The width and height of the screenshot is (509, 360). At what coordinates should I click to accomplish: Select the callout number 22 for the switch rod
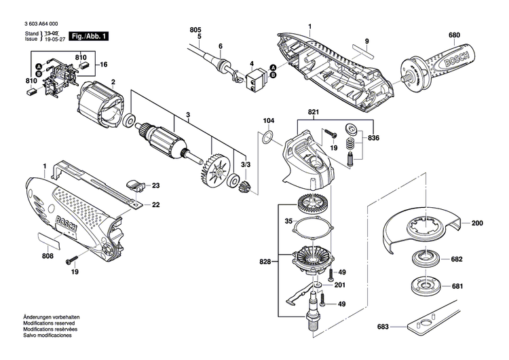coord(155,204)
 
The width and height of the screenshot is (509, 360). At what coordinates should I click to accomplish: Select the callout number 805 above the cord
coord(196,30)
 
